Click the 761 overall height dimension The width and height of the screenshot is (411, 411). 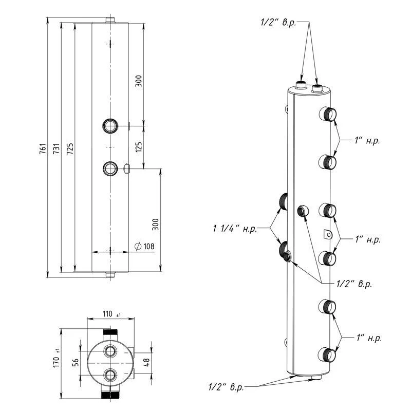point(43,148)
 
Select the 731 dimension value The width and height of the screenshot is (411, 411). point(57,148)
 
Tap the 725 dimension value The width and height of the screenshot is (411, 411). point(70,148)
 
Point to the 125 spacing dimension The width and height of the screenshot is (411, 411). point(139,147)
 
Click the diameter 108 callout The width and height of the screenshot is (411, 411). point(145,247)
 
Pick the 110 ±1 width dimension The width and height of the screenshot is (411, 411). point(111,314)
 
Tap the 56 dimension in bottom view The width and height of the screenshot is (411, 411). point(75,363)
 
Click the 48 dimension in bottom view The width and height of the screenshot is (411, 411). point(147,363)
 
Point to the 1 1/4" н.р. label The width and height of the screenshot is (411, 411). point(235,229)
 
